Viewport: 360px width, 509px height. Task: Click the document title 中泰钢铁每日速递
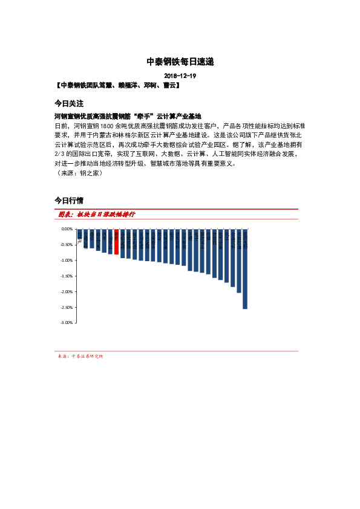pyautogui.click(x=180, y=62)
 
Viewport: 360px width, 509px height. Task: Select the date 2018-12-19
pyautogui.click(x=180, y=77)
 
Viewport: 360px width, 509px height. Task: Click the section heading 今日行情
pyautogui.click(x=69, y=200)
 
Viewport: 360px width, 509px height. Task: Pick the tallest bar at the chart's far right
pyautogui.click(x=245, y=269)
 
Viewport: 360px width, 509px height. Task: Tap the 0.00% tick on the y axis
pyautogui.click(x=67, y=230)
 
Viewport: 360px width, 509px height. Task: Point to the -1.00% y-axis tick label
pyautogui.click(x=67, y=261)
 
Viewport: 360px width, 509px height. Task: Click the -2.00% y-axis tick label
pyautogui.click(x=67, y=291)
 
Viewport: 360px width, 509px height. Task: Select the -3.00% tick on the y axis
pyautogui.click(x=67, y=323)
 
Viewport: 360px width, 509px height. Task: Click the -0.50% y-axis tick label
pyautogui.click(x=67, y=245)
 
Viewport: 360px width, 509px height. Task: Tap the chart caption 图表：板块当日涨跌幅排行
pyautogui.click(x=97, y=215)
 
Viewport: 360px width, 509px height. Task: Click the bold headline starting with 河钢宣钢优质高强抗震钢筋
pyautogui.click(x=127, y=116)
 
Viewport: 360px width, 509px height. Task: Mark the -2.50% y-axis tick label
pyautogui.click(x=67, y=307)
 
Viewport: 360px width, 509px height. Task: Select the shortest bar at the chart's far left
pyautogui.click(x=79, y=234)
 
